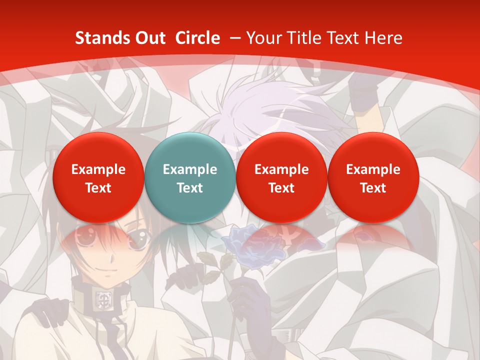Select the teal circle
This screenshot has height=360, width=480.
pos(189,178)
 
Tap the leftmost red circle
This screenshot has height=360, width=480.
pos(98,178)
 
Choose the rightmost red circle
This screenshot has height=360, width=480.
pos(373,178)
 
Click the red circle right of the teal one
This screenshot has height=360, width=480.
pos(281,178)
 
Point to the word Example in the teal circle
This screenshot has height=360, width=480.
pos(189,169)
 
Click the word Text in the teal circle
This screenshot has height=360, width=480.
pos(189,188)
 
